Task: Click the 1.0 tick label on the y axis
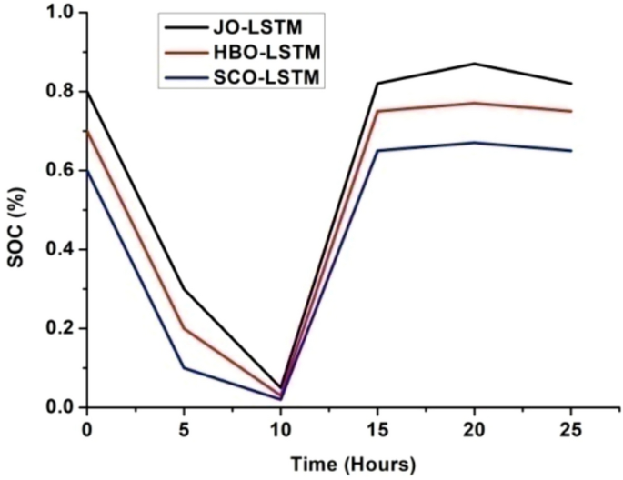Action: [63, 13]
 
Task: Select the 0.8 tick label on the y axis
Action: [63, 92]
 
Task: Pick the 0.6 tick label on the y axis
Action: [63, 171]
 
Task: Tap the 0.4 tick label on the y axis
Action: [63, 250]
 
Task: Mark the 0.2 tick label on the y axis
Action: [63, 329]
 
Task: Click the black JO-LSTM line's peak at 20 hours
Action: [474, 64]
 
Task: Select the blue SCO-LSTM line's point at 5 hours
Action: [184, 368]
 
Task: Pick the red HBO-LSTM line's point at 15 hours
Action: [377, 111]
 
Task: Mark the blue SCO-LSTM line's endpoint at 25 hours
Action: [570, 151]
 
